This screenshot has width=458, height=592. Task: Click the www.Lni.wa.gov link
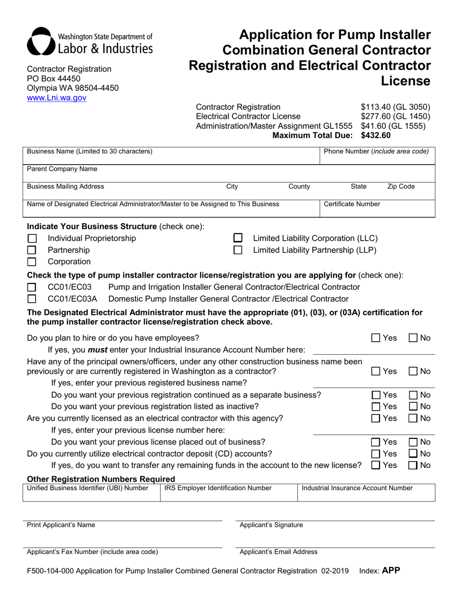56,98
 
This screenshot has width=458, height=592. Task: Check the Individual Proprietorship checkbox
32,239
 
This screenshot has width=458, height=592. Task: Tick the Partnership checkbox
32,250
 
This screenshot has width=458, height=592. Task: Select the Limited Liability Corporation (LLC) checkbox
238,238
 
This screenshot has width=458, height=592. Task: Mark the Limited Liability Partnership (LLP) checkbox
238,250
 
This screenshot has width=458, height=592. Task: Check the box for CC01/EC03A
32,299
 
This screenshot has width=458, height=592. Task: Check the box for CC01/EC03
32,287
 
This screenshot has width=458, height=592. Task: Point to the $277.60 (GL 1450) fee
395,116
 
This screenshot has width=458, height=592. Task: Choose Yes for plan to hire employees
376,338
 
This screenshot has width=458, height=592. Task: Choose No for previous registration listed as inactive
414,407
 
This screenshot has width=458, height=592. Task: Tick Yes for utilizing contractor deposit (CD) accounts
376,453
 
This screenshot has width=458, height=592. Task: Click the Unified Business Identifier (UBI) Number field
91,495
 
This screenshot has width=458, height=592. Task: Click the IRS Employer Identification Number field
228,495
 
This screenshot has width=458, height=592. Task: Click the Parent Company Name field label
62,169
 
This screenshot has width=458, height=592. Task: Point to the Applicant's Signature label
271,525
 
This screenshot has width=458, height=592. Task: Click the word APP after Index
391,571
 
